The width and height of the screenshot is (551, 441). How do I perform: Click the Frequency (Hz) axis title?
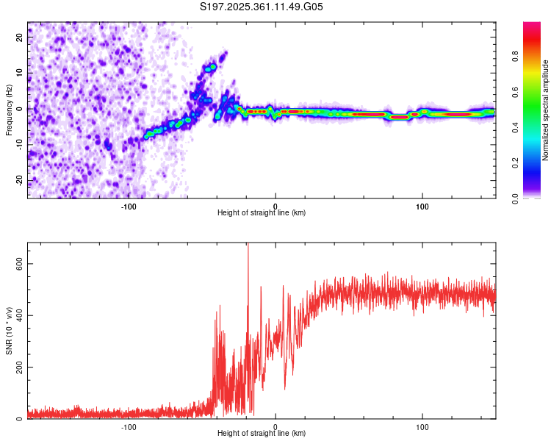pyautogui.click(x=9, y=110)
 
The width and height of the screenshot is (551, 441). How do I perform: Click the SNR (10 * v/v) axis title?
pyautogui.click(x=9, y=331)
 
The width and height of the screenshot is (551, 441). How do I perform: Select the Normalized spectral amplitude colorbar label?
pyautogui.click(x=545, y=110)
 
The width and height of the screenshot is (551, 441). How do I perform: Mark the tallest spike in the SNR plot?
pyautogui.click(x=248, y=245)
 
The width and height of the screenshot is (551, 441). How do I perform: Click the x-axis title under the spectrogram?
pyautogui.click(x=262, y=212)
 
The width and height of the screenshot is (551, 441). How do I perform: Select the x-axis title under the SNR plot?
pyautogui.click(x=262, y=433)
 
